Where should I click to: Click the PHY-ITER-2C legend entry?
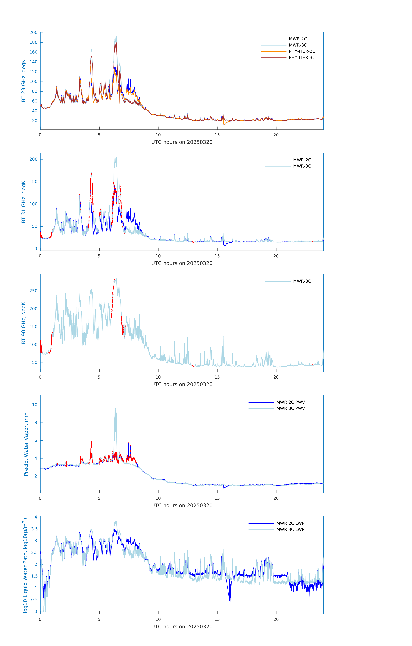click(302, 51)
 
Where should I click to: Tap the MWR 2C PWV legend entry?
click(290, 402)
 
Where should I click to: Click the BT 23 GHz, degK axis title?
click(24, 81)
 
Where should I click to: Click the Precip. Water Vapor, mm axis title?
click(26, 444)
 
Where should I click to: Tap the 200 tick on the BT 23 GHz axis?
click(33, 32)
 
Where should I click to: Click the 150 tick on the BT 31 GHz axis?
click(33, 182)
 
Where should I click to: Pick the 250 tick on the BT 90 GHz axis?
click(33, 291)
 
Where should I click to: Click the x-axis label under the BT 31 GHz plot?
click(182, 263)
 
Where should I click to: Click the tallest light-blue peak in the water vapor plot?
click(114, 400)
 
